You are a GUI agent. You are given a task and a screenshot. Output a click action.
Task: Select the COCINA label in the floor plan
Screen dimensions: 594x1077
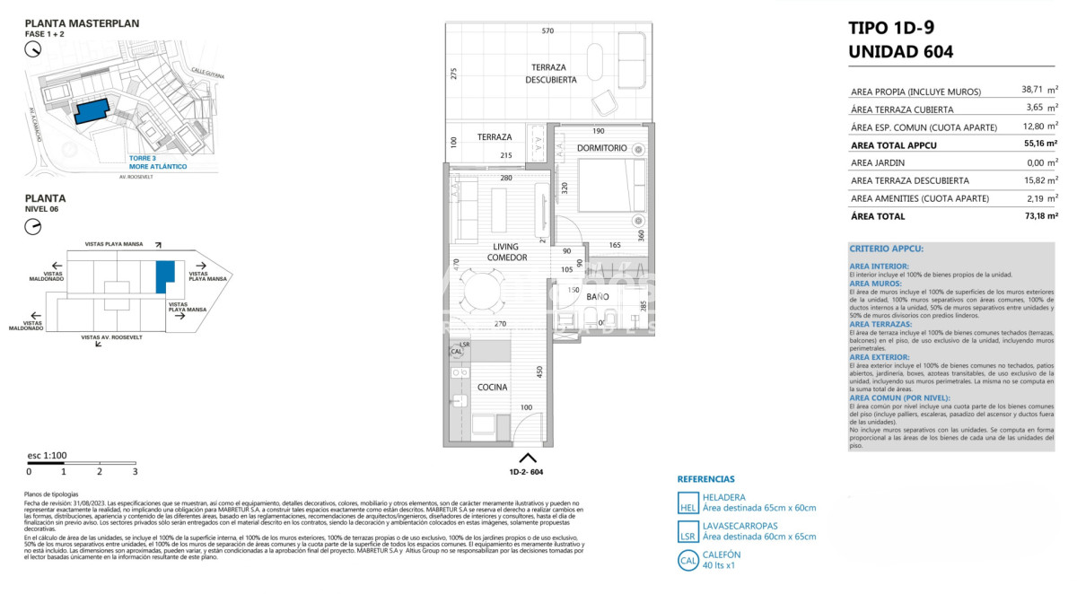pyautogui.click(x=493, y=388)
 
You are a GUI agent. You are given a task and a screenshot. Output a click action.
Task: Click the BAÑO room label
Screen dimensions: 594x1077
pyautogui.click(x=598, y=296)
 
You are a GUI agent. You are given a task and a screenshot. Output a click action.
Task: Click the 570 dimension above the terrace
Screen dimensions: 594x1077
pyautogui.click(x=547, y=31)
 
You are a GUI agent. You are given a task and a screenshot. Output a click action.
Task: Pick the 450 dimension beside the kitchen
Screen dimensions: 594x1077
pyautogui.click(x=539, y=371)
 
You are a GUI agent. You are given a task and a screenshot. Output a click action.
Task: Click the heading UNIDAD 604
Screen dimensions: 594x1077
pyautogui.click(x=900, y=52)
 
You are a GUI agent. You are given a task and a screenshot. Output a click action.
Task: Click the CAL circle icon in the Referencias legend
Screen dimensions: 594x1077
pyautogui.click(x=687, y=561)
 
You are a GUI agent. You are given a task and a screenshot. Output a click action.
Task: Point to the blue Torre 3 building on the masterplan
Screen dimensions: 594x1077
pyautogui.click(x=92, y=110)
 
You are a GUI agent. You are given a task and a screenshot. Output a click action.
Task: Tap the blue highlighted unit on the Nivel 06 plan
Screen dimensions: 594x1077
pyautogui.click(x=162, y=276)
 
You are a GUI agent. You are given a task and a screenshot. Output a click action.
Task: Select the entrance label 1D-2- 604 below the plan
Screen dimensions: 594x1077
pyautogui.click(x=526, y=471)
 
